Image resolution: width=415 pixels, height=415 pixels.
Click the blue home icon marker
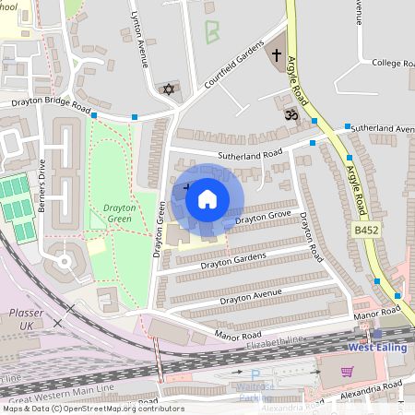pyautogui.click(x=207, y=198)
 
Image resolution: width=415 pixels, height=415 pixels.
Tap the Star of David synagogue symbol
pyautogui.click(x=168, y=89)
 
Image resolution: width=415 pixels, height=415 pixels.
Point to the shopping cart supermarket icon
pyautogui.click(x=348, y=371)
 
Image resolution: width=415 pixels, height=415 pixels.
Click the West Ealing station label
pyautogui.click(x=377, y=348)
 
